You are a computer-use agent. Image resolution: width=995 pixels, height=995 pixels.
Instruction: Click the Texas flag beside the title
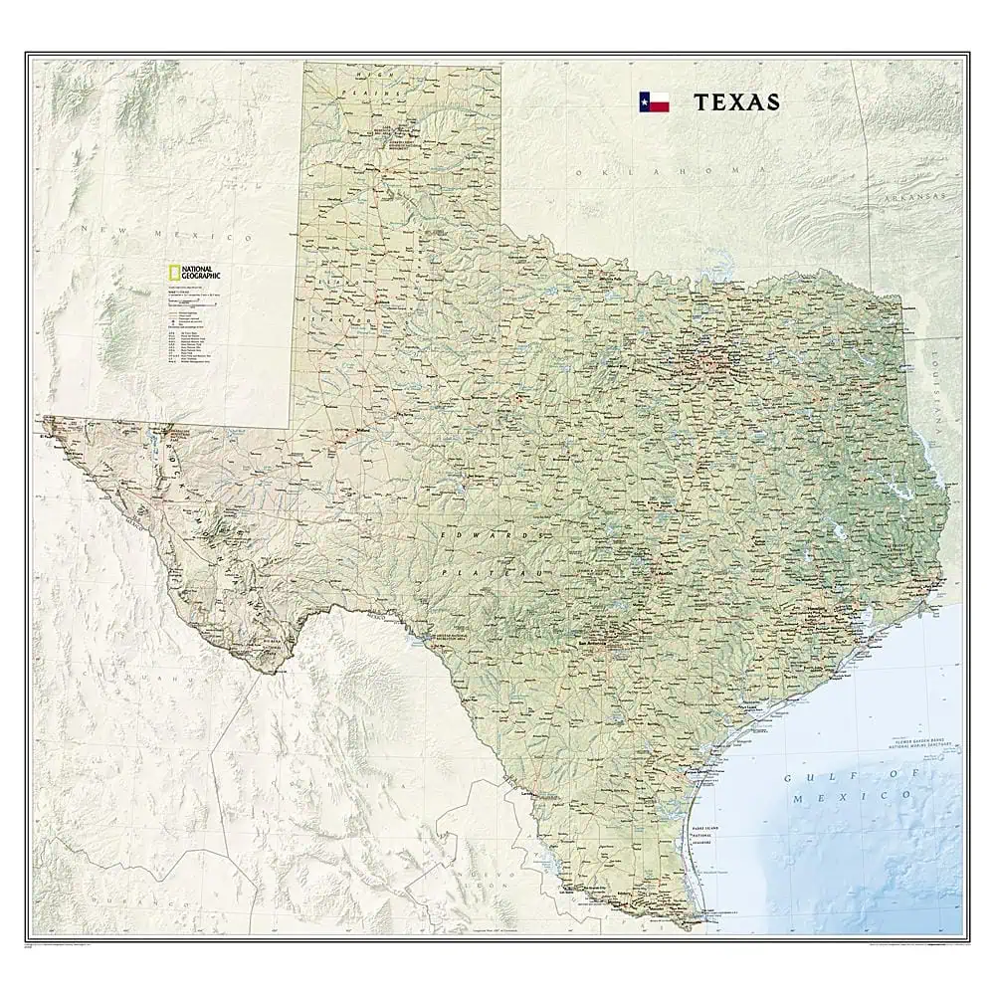point(655,102)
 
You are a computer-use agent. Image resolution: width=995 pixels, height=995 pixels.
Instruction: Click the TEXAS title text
point(737,102)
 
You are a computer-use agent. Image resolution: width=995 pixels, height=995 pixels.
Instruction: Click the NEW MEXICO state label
point(169,236)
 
